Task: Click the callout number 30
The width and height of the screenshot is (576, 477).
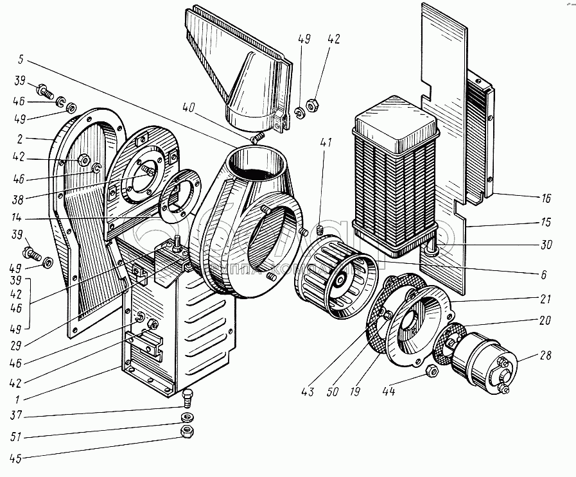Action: (546, 245)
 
